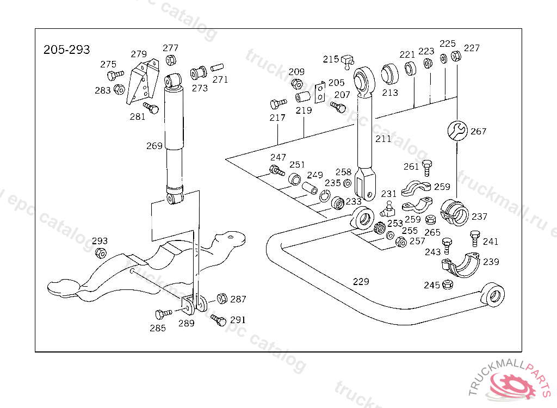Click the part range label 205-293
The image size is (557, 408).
pos(67,50)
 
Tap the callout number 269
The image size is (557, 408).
pos(154,146)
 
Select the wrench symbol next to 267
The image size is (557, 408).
pos(457,131)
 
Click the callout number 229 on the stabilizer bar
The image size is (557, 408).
pos(361,281)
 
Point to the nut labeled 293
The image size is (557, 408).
pos(100,253)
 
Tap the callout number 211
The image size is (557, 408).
pos(383,139)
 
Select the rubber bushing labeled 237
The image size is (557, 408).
pos(454,213)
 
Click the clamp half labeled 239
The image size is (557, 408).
pos(460,265)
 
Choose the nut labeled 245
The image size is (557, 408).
pos(448,285)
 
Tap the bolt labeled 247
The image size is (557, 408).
pos(277,171)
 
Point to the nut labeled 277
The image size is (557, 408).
pos(170,60)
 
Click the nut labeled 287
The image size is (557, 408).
pos(221,299)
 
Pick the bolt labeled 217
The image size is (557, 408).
pos(278,103)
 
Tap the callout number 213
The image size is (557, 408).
pos(390,92)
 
